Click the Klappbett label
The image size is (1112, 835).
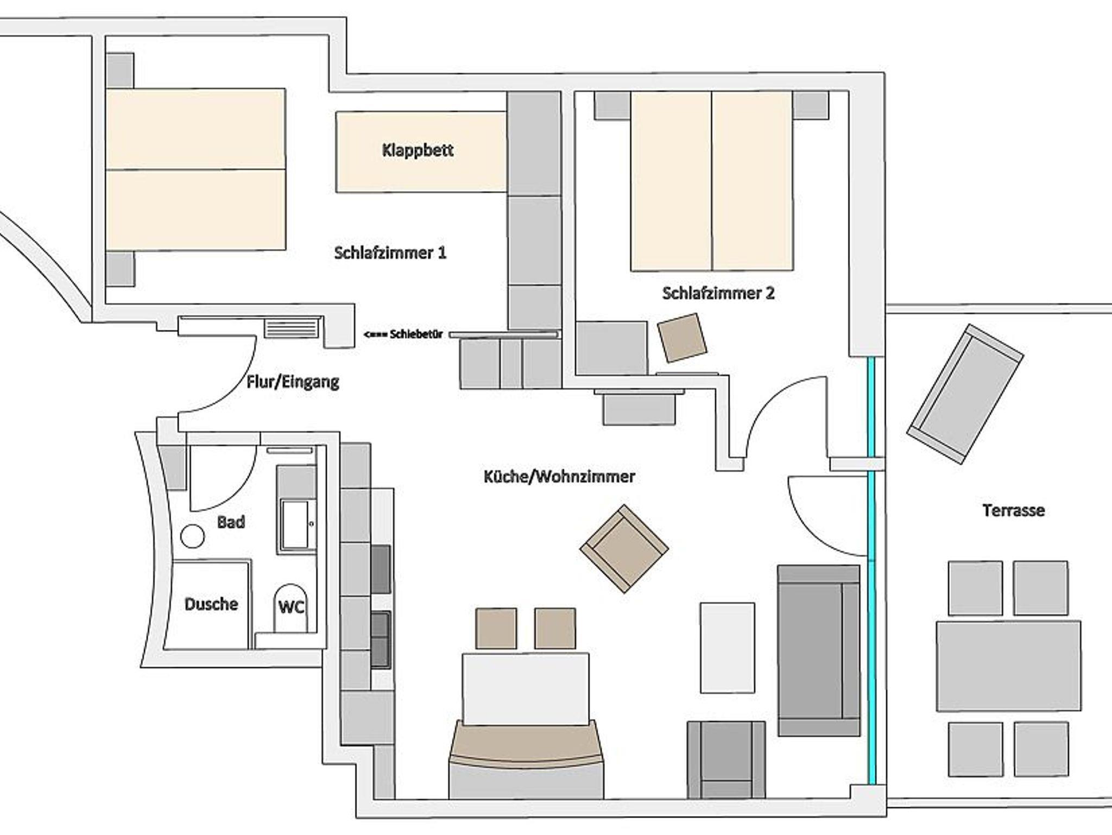(x=418, y=150)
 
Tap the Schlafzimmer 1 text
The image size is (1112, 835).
(x=390, y=253)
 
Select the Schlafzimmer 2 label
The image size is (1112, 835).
(x=718, y=294)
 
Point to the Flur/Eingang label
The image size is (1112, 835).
(x=293, y=382)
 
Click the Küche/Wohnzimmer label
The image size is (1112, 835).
(x=559, y=477)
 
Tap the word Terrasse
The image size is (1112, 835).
(x=1013, y=510)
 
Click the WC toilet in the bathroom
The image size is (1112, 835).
(x=291, y=608)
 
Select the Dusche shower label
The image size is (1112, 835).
(x=211, y=604)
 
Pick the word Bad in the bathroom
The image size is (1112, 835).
(x=231, y=522)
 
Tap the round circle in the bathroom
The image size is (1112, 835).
(x=192, y=537)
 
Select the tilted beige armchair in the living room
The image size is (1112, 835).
(x=624, y=548)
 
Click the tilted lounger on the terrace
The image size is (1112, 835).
(x=965, y=394)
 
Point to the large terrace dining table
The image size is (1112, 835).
(x=1008, y=666)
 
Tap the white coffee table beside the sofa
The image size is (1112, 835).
(x=727, y=648)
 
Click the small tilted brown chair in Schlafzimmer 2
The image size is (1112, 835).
(x=682, y=338)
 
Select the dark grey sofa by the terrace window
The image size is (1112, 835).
(x=819, y=650)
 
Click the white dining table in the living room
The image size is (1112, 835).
(x=526, y=688)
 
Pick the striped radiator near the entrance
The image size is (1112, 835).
(x=291, y=328)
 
